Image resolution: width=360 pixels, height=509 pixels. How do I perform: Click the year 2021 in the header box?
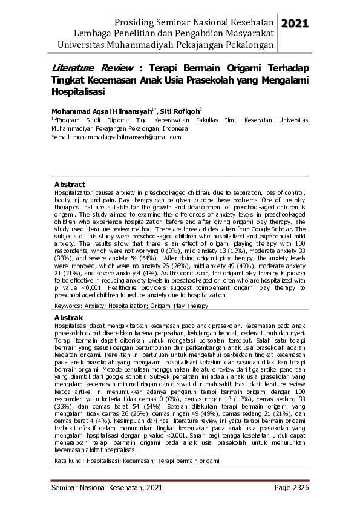(x=295, y=24)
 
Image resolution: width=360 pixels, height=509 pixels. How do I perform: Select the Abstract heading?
(x=70, y=184)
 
